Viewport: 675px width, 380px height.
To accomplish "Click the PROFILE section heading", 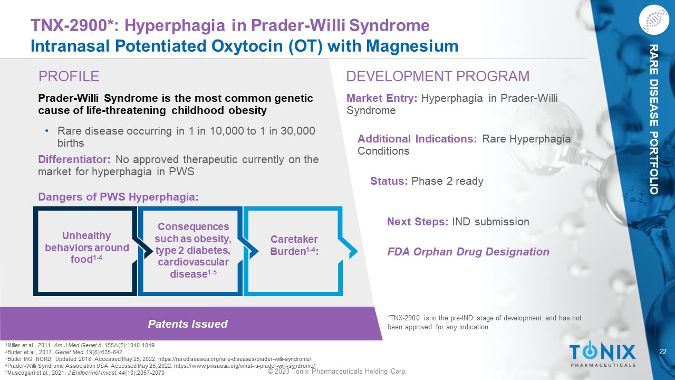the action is (x=69, y=77).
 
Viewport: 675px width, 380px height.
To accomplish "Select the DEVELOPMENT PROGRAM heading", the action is (x=438, y=77).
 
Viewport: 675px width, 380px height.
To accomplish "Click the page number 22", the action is (x=663, y=351).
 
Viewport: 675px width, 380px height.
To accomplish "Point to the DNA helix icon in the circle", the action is (x=653, y=20).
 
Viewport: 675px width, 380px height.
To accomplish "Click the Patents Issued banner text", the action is (x=188, y=324).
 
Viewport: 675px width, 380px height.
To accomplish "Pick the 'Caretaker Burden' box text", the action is (x=294, y=245).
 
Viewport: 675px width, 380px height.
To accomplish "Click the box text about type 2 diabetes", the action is (x=193, y=250).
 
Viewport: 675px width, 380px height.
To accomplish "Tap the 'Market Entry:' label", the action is (x=382, y=98).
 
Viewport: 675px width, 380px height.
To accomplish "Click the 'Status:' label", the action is (x=389, y=181).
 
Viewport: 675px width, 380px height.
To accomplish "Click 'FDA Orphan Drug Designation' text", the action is (x=468, y=252).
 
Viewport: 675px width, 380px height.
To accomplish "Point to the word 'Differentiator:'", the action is (x=74, y=159).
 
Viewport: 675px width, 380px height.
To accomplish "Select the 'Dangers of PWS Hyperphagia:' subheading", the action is (x=119, y=197).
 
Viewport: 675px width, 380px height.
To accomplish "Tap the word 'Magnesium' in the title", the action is (x=412, y=46).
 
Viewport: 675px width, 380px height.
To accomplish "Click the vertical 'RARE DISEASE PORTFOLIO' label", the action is (x=653, y=119).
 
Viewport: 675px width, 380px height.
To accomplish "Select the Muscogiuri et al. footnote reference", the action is (x=85, y=373).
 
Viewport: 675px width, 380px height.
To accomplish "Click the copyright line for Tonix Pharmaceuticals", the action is (x=337, y=371).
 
